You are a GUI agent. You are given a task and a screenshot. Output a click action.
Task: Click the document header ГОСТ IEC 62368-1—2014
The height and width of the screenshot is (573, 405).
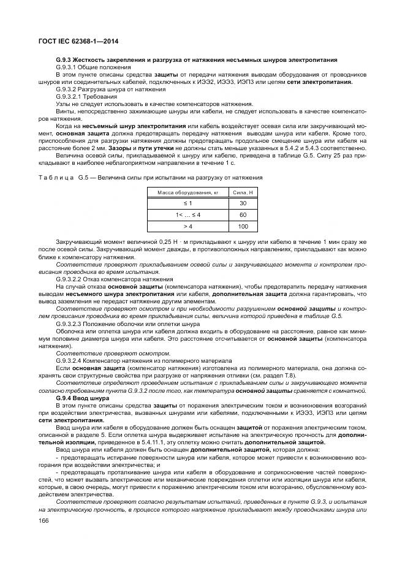(78, 41)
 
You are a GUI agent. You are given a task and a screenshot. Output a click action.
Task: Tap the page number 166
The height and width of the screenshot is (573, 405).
(44, 520)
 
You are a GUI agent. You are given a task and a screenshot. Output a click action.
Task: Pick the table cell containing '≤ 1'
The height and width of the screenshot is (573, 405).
(187, 203)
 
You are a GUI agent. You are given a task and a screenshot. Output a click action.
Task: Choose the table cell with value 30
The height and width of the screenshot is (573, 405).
(243, 203)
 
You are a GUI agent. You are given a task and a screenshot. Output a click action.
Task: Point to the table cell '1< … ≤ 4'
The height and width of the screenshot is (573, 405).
(187, 215)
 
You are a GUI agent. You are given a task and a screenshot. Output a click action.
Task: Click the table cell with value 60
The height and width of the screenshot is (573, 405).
(243, 215)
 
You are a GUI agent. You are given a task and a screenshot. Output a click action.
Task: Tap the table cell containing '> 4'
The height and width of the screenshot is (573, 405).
(187, 227)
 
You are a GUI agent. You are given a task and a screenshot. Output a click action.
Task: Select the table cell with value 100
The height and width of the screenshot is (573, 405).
(243, 227)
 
